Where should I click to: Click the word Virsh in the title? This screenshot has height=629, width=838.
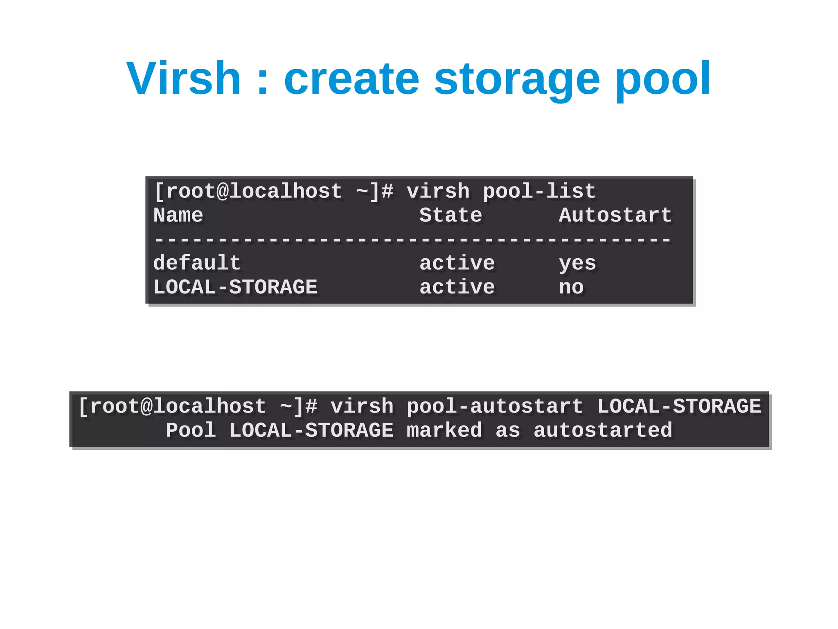(183, 79)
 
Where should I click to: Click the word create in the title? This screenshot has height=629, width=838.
(351, 79)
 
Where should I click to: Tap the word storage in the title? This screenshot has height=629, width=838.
(517, 79)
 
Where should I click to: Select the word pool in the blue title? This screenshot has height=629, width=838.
(662, 79)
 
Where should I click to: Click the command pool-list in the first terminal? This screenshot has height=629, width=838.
(539, 192)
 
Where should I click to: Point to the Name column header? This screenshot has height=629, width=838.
(178, 215)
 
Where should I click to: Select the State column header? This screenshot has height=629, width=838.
(451, 215)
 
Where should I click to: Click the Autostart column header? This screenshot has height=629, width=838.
(615, 215)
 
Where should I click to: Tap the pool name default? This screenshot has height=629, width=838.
(197, 263)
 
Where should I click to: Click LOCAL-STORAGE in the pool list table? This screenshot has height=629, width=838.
(235, 287)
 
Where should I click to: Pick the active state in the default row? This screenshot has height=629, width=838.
(457, 263)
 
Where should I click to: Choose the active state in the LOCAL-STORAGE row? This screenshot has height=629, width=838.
(457, 287)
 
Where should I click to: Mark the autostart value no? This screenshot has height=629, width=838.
(571, 288)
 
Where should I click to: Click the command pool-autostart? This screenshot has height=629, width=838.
(495, 407)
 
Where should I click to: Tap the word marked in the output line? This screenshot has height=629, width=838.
(444, 431)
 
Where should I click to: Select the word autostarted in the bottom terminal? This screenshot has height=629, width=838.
(603, 431)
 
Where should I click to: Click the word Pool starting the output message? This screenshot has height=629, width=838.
(191, 431)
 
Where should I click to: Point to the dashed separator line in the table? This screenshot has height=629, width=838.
(412, 240)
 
